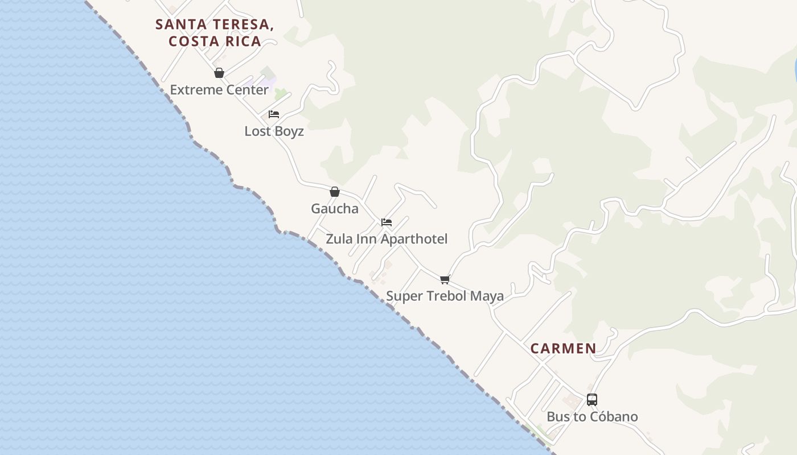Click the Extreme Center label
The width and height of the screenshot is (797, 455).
pyautogui.click(x=219, y=90)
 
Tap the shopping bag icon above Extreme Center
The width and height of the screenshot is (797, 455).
pyautogui.click(x=219, y=73)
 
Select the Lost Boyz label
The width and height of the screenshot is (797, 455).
pyautogui.click(x=274, y=131)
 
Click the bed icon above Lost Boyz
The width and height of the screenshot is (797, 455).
pyautogui.click(x=274, y=114)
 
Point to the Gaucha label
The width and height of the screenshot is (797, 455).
pyautogui.click(x=335, y=209)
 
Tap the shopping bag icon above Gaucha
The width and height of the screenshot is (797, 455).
pyautogui.click(x=335, y=192)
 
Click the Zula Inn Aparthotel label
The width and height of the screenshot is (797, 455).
pyautogui.click(x=387, y=239)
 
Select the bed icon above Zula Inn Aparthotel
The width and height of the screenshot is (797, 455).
pyautogui.click(x=387, y=222)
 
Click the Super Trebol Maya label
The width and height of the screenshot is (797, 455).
pyautogui.click(x=445, y=296)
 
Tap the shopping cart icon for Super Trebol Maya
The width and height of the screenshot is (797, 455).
pyautogui.click(x=445, y=279)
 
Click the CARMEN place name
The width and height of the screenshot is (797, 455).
pyautogui.click(x=564, y=349)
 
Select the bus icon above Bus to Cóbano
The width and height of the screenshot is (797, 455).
pyautogui.click(x=592, y=400)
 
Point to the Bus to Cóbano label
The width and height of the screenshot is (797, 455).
pyautogui.click(x=592, y=417)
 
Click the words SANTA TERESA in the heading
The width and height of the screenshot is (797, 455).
pyautogui.click(x=215, y=24)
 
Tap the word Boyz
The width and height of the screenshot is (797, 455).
pyautogui.click(x=289, y=131)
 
